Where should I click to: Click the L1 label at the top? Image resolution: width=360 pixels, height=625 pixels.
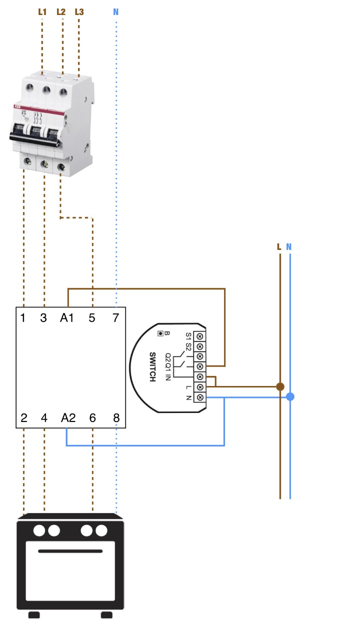point(42,11)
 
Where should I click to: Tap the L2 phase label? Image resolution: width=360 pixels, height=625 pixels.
point(61,11)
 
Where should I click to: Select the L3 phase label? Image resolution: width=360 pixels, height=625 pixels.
point(79,11)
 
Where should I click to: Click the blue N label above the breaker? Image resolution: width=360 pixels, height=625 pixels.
point(116,11)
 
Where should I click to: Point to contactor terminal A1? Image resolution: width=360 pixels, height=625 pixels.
point(67,317)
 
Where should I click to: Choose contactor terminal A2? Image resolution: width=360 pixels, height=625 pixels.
point(68,418)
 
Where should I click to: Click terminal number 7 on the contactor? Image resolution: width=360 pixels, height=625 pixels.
point(115,317)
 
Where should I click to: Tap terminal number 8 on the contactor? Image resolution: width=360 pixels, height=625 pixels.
point(116,418)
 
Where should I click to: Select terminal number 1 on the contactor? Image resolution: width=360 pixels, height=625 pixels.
point(23,317)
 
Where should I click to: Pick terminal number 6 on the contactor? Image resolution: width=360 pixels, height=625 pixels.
point(92,418)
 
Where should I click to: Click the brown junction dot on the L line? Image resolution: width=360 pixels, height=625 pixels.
point(280,386)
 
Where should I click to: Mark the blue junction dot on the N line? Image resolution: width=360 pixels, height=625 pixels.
point(290,397)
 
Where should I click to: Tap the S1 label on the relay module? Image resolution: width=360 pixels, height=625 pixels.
point(188,335)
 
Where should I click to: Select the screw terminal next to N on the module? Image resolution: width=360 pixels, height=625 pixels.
point(200,397)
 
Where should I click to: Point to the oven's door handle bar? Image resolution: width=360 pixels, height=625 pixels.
point(70,551)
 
